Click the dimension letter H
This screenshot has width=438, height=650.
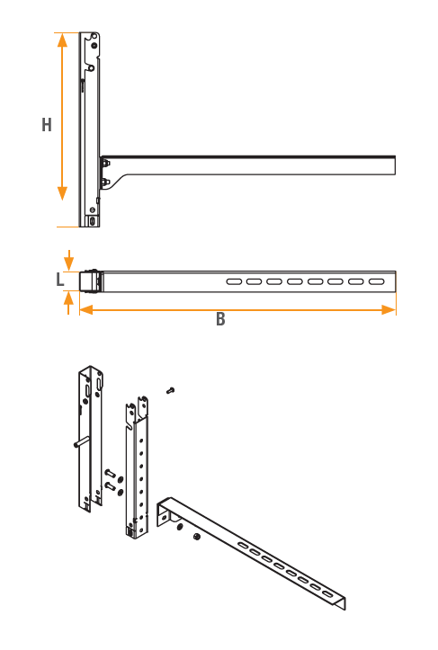tap(47, 125)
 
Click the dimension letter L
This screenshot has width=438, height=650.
tap(60, 280)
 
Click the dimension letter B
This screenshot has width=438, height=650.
tap(220, 319)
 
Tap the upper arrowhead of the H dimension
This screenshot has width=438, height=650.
tap(62, 40)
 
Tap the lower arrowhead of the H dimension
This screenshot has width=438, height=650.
tap(62, 193)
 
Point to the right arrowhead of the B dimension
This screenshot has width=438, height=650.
tap(389, 309)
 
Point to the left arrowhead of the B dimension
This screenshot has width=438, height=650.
tap(86, 309)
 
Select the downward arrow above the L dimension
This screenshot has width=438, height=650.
tap(69, 261)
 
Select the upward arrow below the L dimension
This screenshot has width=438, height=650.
tap(69, 303)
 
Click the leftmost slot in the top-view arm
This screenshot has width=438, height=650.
tap(234, 282)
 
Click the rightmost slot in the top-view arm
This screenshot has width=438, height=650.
tap(377, 282)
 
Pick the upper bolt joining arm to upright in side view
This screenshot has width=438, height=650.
tap(105, 163)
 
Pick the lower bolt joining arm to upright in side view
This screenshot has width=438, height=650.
tap(105, 182)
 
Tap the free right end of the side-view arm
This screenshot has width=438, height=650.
tap(395, 165)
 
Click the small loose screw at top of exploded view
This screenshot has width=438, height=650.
tap(170, 390)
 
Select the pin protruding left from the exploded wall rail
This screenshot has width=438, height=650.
tap(82, 442)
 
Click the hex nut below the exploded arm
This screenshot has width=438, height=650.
tap(197, 537)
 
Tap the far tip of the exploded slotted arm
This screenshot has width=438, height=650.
tap(344, 604)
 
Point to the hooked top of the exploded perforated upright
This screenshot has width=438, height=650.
tap(138, 410)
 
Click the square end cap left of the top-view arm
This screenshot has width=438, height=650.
tap(89, 282)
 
